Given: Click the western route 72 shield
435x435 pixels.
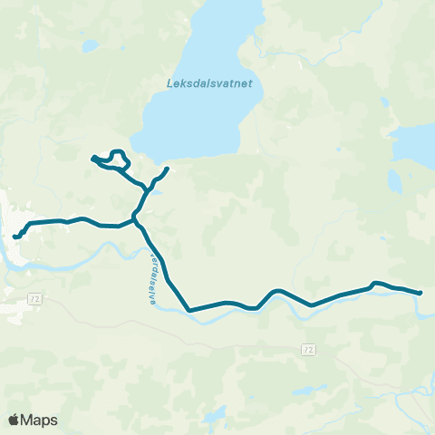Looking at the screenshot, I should pos(35,297).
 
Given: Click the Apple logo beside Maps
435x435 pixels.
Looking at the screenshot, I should pos(14,420).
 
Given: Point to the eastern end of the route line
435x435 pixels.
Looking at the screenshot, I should pos(420,293).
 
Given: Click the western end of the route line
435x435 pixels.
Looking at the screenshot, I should pos(15,237).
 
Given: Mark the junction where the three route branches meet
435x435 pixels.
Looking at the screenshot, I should pos(136,217).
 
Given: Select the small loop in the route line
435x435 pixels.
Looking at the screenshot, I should pos(116,158).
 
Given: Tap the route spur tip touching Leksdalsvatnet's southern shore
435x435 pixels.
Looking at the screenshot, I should pos(168,169).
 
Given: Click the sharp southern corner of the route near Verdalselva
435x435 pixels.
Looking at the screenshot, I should pos(189,310).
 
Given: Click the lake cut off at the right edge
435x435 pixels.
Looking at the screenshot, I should pos(417,140).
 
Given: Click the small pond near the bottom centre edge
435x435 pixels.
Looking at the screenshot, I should pos(215,418).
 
